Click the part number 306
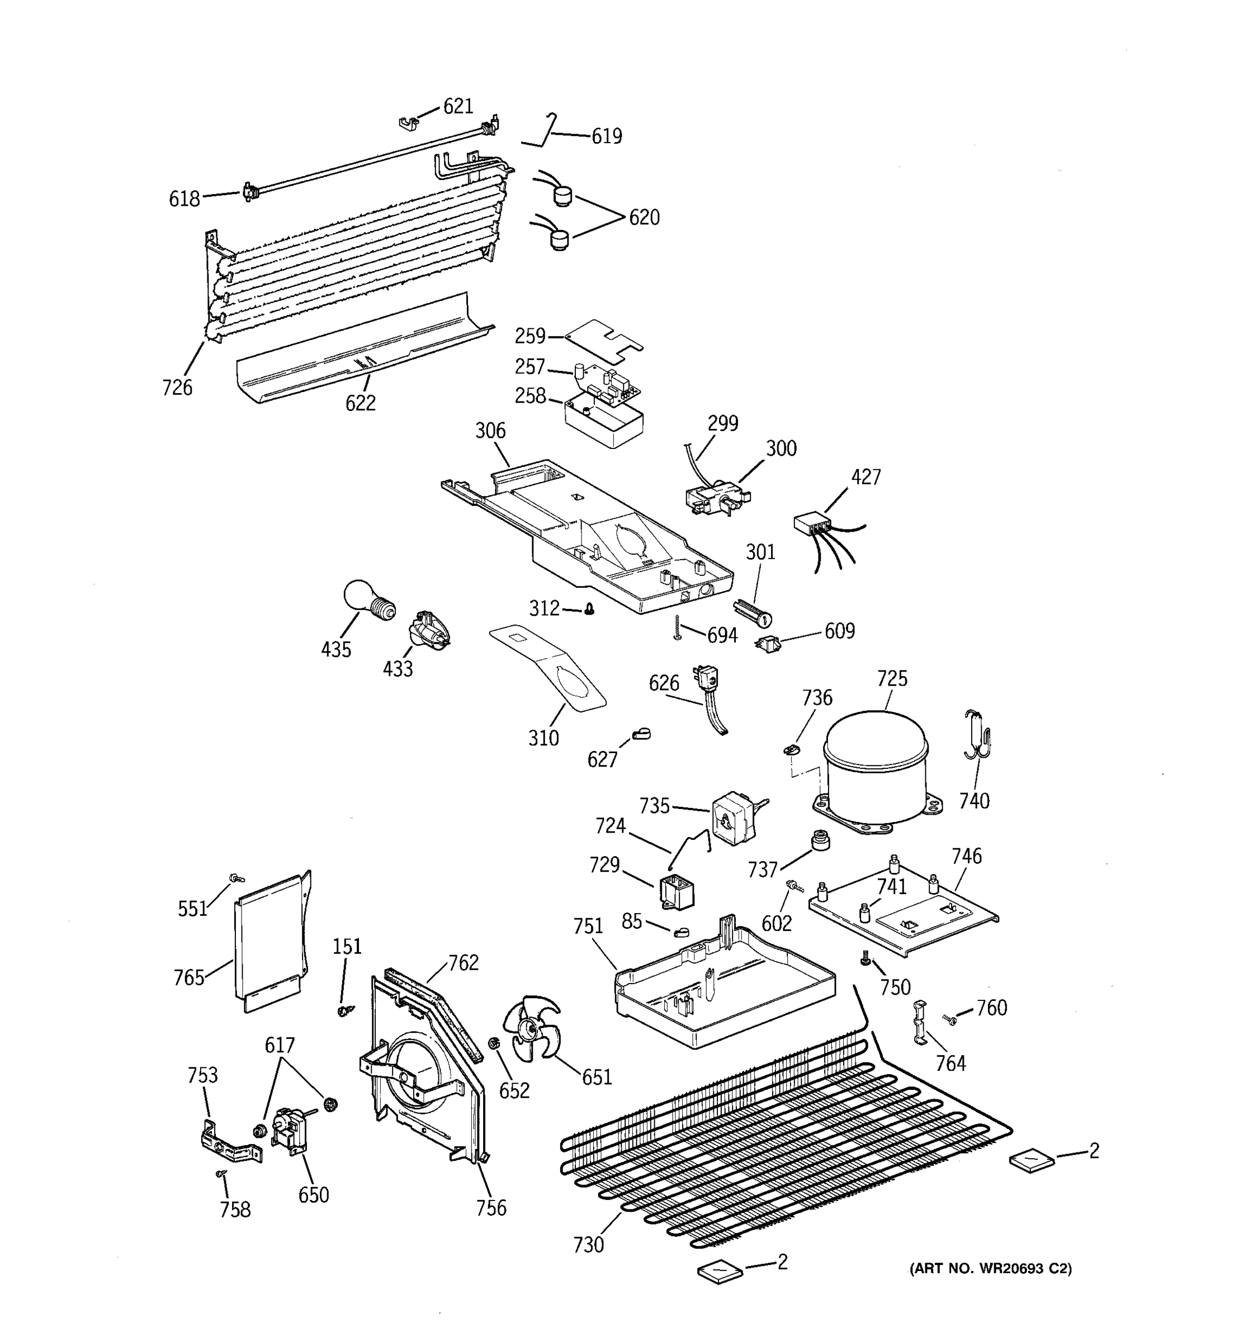click(490, 431)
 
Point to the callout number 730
click(588, 1244)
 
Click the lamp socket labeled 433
click(427, 631)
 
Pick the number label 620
click(644, 218)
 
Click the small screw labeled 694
click(677, 629)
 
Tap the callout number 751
click(588, 926)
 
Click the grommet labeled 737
click(819, 842)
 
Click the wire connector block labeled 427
click(812, 524)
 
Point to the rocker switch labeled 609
click(767, 642)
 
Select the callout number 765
click(189, 977)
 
